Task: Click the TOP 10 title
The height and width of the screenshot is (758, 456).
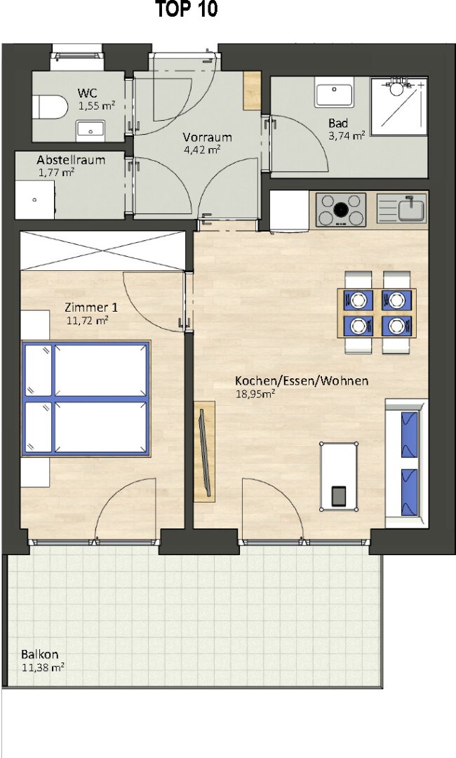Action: coord(187,10)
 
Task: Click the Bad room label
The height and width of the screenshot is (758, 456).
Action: coord(338,124)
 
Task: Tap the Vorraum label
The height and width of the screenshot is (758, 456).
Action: coord(207,138)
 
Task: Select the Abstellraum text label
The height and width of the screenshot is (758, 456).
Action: coord(71,159)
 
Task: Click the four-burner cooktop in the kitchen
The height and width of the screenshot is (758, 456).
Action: coord(340,210)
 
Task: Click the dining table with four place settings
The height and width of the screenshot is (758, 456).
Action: coord(377,313)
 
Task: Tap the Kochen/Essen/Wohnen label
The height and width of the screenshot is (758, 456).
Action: coord(302,381)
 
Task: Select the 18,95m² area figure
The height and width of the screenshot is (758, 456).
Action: coord(255,394)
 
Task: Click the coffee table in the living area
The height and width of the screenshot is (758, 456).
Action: coord(339,476)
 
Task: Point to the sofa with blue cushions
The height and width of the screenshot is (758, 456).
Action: coord(406,464)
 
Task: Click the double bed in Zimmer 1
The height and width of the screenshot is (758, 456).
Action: coord(86,399)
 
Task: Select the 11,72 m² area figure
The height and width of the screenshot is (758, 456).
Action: coord(87,319)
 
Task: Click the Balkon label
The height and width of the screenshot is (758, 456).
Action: coord(39,655)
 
